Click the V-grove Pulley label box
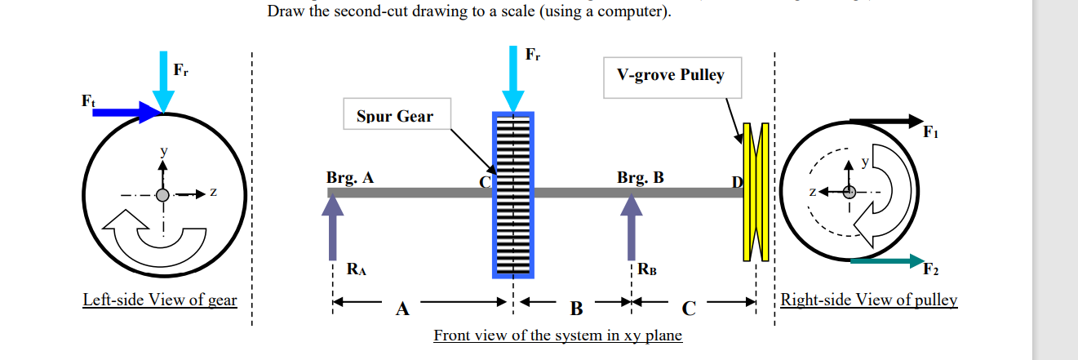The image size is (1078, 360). coord(671,75)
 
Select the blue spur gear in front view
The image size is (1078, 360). coord(513,193)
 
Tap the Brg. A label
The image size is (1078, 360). coord(350,177)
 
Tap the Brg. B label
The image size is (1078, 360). coord(641,177)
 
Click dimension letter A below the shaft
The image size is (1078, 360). coord(401,309)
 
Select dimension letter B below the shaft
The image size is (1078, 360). coord(577,309)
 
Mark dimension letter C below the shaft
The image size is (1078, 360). coord(689,309)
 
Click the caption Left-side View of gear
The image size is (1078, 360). coord(160,300)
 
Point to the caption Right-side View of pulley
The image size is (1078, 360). coord(869,300)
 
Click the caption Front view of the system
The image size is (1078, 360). coord(557,336)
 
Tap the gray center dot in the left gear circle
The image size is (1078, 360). coord(163,195)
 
